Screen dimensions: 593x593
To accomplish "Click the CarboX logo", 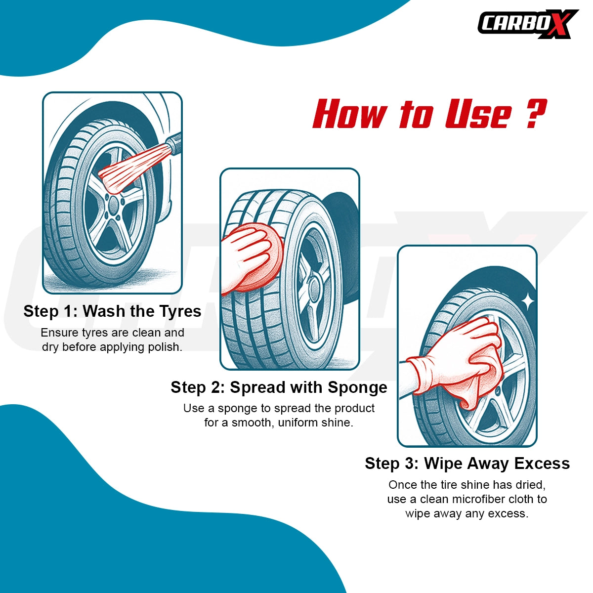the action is click(x=528, y=24).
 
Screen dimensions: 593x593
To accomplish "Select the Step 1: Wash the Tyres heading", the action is click(x=112, y=311).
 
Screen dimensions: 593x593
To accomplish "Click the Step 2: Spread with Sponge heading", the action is click(x=279, y=387).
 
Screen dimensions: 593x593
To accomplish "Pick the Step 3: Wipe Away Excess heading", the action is click(x=467, y=463).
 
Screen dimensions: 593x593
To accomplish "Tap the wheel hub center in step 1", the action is click(x=114, y=205).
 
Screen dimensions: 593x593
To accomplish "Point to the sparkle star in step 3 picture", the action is click(x=528, y=299).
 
